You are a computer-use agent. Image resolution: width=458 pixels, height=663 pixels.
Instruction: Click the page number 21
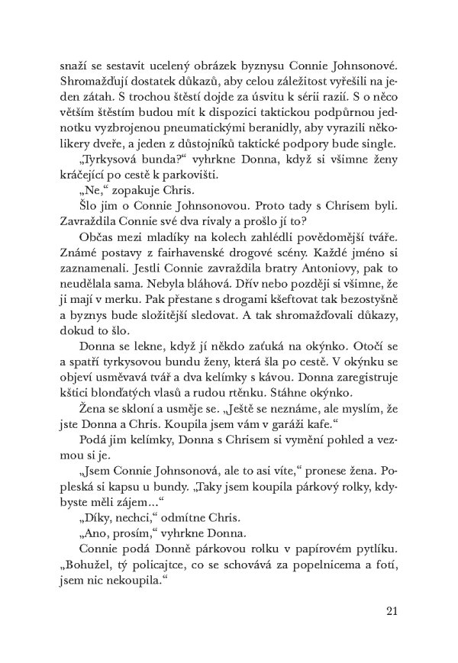click(x=393, y=610)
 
